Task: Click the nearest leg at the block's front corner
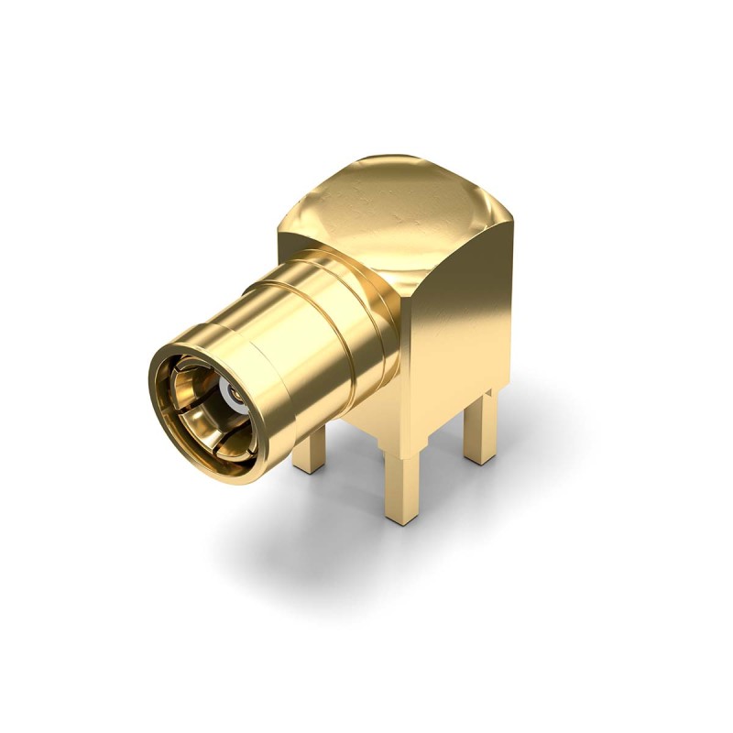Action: tap(401, 486)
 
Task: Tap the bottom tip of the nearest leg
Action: tap(401, 520)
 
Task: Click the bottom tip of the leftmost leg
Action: tap(309, 469)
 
